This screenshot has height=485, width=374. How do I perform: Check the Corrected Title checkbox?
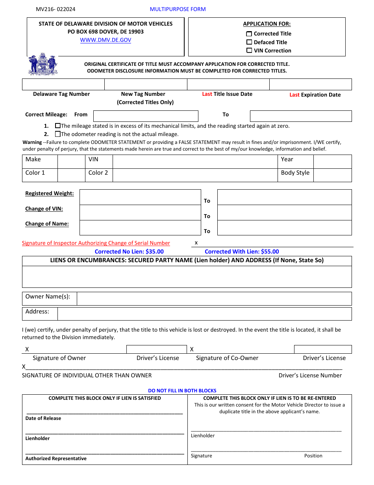pos(249,34)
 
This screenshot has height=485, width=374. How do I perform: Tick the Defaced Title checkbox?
pos(249,42)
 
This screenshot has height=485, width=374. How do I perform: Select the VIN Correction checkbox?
pos(249,50)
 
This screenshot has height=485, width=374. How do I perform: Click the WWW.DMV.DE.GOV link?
pos(106,40)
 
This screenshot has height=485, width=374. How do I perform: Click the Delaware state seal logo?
pos(43,64)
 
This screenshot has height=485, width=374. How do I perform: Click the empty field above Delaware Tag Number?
pos(63,84)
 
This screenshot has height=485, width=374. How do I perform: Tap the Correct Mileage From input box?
pos(146,116)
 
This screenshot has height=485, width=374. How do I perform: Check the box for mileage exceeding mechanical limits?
pos(58,126)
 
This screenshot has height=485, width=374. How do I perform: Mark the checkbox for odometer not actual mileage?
pos(58,134)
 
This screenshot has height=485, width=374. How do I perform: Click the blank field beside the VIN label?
pos(195,162)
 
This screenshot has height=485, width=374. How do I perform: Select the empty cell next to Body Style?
pos(332,175)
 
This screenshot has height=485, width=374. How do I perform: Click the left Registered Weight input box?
pos(140,197)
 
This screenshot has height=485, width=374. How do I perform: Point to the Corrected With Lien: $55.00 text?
pos(242,252)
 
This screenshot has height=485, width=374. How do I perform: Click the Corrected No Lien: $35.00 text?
pos(129,252)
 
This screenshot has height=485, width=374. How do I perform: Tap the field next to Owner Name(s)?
pos(214,299)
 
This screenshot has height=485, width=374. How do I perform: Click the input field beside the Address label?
pos(204,314)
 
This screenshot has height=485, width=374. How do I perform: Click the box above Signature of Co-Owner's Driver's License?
pos(322,349)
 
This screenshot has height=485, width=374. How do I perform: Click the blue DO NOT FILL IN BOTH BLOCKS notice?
pos(182,391)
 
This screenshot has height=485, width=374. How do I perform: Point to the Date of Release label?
pos(43,418)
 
